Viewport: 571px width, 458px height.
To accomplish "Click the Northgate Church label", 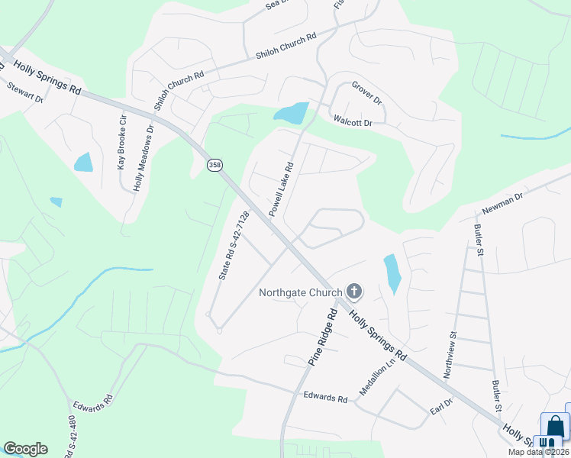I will click(x=301, y=292).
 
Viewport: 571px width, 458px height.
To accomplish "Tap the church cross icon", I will click(x=354, y=291).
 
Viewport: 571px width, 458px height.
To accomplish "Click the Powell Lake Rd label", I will click(x=280, y=186).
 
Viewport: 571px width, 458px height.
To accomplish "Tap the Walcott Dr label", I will click(x=353, y=121).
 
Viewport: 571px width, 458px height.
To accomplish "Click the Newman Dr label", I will click(x=502, y=203).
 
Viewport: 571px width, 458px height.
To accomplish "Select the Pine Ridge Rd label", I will click(x=321, y=337).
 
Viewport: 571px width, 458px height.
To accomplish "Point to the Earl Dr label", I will click(x=442, y=406).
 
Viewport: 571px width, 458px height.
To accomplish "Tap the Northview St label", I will click(x=450, y=354).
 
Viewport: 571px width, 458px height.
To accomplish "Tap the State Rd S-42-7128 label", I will click(x=234, y=245).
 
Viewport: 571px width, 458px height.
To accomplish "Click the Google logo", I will click(x=25, y=449).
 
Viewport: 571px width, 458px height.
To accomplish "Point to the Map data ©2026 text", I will click(x=538, y=452).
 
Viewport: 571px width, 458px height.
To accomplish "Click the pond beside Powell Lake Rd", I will click(x=292, y=114).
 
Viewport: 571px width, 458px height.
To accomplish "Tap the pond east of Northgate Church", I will click(x=392, y=273).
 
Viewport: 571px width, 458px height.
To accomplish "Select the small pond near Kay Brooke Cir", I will click(x=83, y=163).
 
